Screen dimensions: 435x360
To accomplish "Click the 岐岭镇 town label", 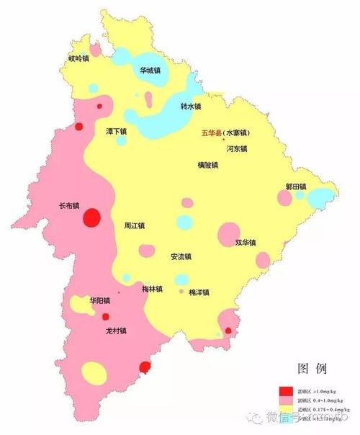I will click(x=78, y=59).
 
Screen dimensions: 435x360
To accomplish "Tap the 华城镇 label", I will click(x=150, y=71).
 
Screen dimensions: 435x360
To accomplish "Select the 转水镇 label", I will click(x=190, y=107).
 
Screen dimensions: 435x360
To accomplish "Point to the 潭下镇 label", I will click(x=116, y=133).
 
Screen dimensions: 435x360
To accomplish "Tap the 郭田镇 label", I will click(x=295, y=187).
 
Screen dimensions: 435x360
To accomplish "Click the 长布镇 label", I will click(x=69, y=205).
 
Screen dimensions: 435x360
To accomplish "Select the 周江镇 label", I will click(x=134, y=225).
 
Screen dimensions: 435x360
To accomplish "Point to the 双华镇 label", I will click(x=246, y=243).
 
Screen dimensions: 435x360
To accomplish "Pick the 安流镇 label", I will click(x=180, y=257).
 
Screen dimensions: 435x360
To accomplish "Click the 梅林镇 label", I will click(x=152, y=289).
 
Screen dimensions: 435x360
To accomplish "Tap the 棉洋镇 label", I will click(x=199, y=292).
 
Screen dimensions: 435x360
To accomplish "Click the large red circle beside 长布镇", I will click(x=92, y=217).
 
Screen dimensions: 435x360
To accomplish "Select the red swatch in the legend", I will click(x=287, y=391).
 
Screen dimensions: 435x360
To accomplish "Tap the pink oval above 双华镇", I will click(x=229, y=233).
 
